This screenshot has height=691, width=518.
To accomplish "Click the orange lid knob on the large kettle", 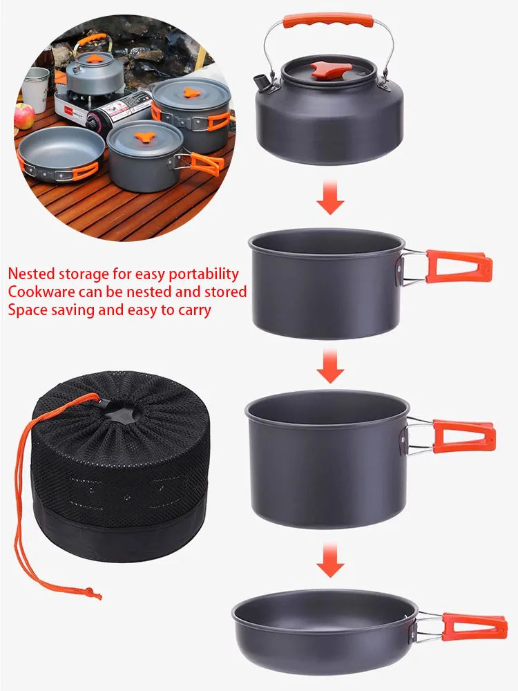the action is coord(331,70).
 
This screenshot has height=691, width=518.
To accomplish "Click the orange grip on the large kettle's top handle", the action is coord(328,20).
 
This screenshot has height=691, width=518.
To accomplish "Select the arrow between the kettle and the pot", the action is coord(330,197).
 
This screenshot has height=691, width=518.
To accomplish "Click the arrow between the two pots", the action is coord(330,366).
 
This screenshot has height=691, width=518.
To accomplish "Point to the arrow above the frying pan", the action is coord(330,560).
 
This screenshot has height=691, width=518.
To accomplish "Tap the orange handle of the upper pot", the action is coord(459,267).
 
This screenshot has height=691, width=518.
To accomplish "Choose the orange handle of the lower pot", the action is coord(463,436).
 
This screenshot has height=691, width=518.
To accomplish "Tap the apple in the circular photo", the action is coord(24,116).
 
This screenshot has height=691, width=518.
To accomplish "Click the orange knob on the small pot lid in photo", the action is coord(144,137).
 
